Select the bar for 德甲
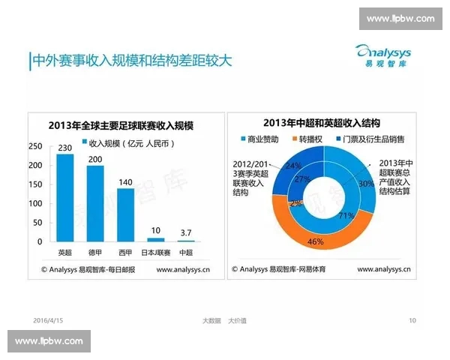95,203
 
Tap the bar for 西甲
125,214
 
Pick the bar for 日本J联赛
155,239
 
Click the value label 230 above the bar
65,147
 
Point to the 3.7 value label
184,232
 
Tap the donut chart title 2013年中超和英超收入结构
322,123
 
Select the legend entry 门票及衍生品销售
376,139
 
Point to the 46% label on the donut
315,241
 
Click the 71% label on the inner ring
325,216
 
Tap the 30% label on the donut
365,183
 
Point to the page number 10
412,321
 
